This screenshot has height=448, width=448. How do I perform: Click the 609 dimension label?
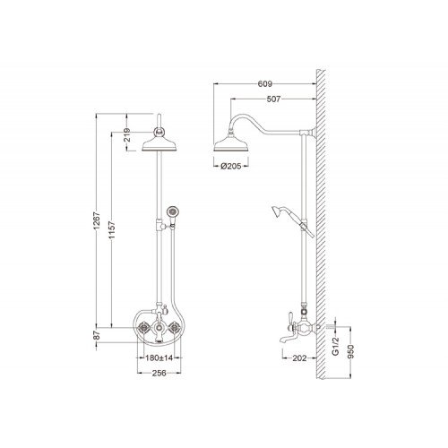click(265, 84)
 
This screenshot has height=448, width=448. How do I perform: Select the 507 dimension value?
click(273, 99)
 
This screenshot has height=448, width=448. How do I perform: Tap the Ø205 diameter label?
click(231, 166)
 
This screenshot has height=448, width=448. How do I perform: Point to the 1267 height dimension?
click(96, 220)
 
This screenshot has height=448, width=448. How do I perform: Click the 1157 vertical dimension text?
click(112, 230)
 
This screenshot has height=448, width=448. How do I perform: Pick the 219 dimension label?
click(126, 134)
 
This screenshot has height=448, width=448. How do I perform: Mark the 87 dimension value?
click(96, 335)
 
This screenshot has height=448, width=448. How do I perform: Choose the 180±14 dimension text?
click(159, 358)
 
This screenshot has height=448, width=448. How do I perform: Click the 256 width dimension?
click(159, 373)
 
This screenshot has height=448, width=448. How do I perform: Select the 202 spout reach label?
click(299, 358)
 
